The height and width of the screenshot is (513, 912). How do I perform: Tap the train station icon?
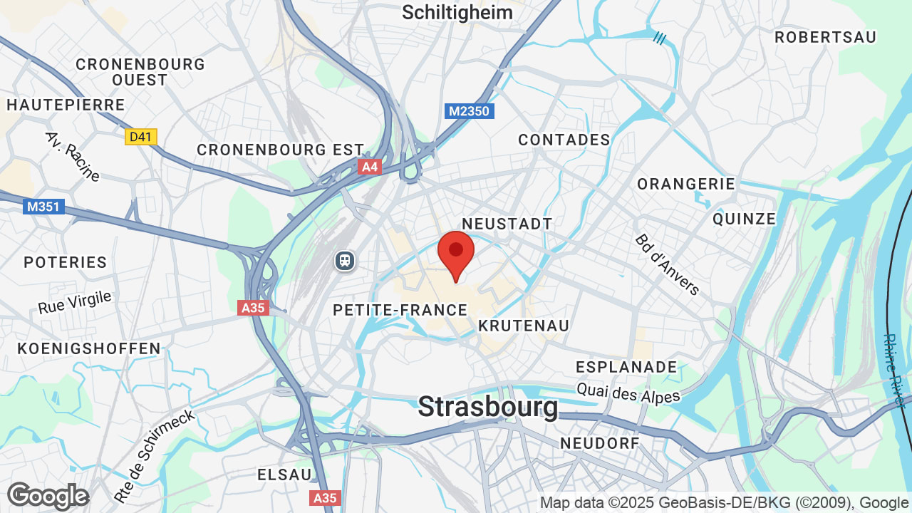[345, 261]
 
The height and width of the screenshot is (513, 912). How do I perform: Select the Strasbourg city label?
[488, 407]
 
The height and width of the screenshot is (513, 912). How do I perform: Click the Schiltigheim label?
[457, 12]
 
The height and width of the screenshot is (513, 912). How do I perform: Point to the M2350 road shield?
[470, 111]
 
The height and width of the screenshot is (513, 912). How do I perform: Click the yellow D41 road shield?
[140, 136]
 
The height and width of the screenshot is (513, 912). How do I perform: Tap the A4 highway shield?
[369, 167]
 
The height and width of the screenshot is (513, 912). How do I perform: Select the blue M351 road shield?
[43, 207]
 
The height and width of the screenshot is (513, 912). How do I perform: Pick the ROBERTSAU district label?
[825, 37]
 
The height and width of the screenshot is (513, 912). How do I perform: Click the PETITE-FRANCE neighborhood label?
[400, 310]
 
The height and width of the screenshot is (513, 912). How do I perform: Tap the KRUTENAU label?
[524, 326]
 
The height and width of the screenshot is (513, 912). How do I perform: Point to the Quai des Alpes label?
[628, 392]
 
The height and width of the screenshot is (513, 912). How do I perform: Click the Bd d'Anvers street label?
[667, 264]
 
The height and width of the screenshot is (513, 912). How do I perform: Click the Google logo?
[48, 496]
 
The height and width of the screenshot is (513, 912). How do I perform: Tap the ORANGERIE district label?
[686, 184]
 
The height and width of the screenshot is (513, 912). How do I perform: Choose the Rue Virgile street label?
[75, 302]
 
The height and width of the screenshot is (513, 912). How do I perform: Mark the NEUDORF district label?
[600, 443]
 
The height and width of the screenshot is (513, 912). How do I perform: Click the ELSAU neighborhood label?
[284, 475]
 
